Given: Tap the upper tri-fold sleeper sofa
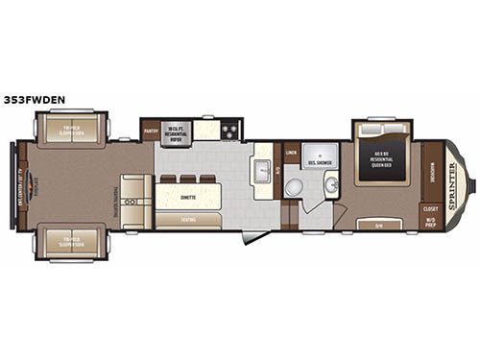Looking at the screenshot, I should pos(73,132).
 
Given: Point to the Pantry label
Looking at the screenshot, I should pos(150,131).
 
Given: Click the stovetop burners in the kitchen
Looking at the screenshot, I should pos(229,131).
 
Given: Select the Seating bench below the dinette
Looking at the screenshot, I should pos(188,220).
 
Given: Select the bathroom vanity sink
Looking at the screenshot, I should pos(330,184).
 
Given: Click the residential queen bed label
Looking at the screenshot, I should pos(383,157).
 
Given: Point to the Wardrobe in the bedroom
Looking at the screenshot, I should pos(431,168).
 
